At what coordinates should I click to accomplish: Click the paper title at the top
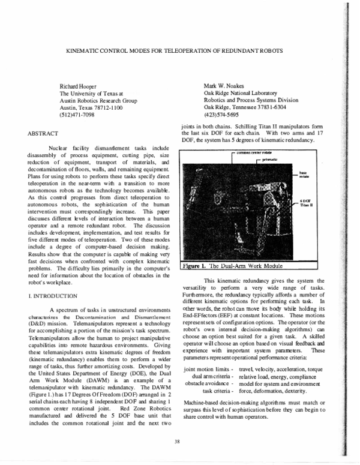tap(174, 51)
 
